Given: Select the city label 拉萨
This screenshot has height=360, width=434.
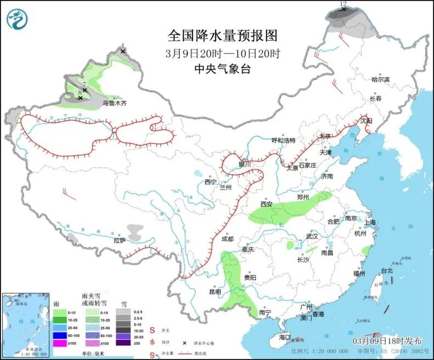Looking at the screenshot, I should (120, 240).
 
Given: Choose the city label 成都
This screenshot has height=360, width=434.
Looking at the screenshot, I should (227, 239).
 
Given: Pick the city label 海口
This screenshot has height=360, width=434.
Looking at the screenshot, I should (284, 337).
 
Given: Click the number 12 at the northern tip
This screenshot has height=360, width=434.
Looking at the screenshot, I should (343, 4).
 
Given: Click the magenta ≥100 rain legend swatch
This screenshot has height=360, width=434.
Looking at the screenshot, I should (59, 343).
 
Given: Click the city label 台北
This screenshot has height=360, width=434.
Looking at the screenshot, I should (387, 271).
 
